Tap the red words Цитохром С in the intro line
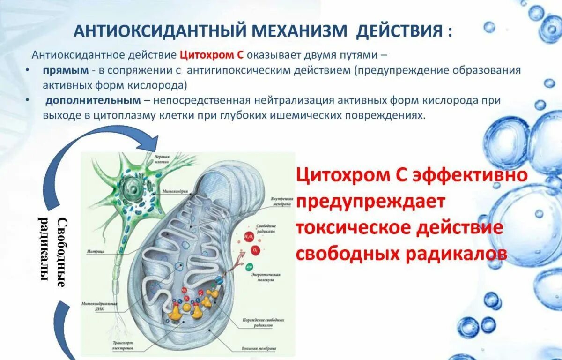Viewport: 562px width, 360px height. tap(212, 54)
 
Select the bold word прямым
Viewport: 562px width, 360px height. tap(66, 70)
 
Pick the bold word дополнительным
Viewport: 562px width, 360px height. tap(93, 100)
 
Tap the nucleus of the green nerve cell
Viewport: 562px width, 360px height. tap(131, 190)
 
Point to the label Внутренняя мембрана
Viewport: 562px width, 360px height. tap(282, 201)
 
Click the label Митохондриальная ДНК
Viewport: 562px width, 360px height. tap(100, 305)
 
